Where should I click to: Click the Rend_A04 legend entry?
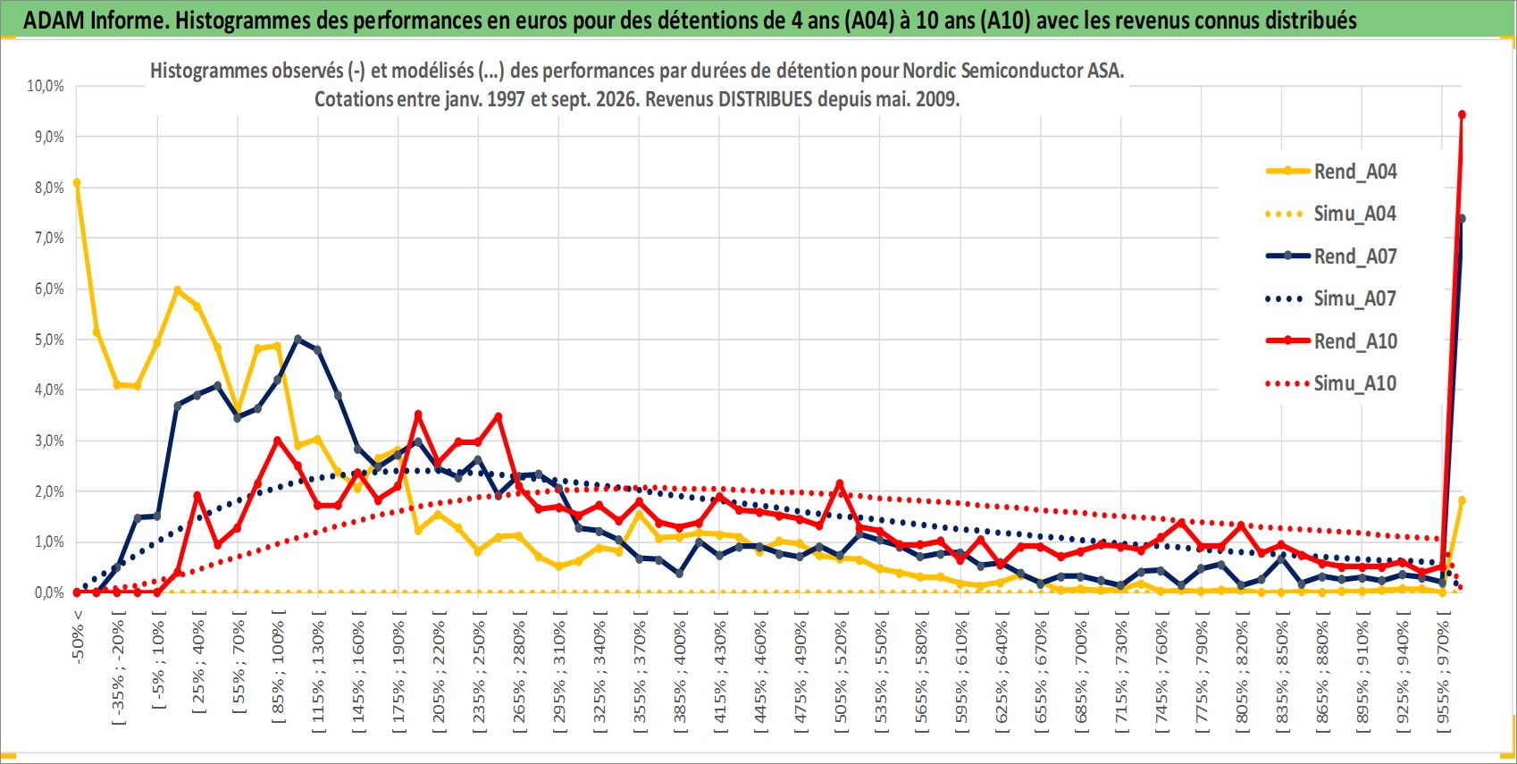(x=1331, y=172)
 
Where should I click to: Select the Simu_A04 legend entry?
(x=1331, y=214)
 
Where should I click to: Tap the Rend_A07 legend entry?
(x=1331, y=256)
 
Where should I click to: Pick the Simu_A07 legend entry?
(x=1331, y=298)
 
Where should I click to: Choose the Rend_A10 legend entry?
(x=1331, y=340)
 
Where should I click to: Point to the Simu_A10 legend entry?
(x=1331, y=383)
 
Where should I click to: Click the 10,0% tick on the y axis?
(x=46, y=86)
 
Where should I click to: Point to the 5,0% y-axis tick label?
(x=49, y=340)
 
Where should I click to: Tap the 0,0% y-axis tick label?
(x=49, y=592)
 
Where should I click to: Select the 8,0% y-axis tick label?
(x=49, y=188)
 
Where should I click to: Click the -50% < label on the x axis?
(x=77, y=637)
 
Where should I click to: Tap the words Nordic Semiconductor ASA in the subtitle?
(x=1012, y=71)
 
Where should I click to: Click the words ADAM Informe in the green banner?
(x=94, y=21)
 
